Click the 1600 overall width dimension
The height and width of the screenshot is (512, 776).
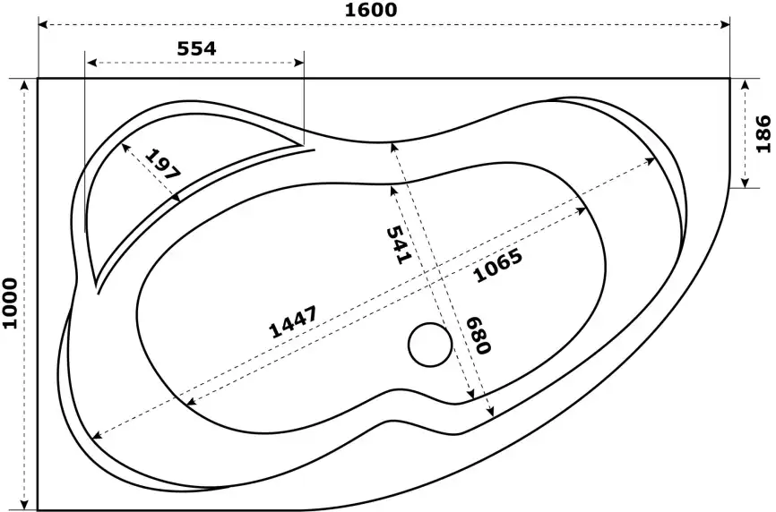click(371, 9)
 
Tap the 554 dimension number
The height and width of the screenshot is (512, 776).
click(196, 48)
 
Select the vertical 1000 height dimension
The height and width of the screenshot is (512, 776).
click(9, 303)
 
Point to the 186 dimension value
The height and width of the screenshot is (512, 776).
click(763, 133)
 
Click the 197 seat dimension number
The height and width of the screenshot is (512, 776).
click(163, 164)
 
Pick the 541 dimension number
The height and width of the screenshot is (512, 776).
click(399, 244)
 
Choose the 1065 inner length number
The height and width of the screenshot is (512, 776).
click(498, 265)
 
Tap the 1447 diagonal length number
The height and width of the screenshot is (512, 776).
click(292, 322)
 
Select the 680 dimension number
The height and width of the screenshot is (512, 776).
click(479, 336)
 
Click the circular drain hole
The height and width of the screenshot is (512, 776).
click(430, 345)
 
